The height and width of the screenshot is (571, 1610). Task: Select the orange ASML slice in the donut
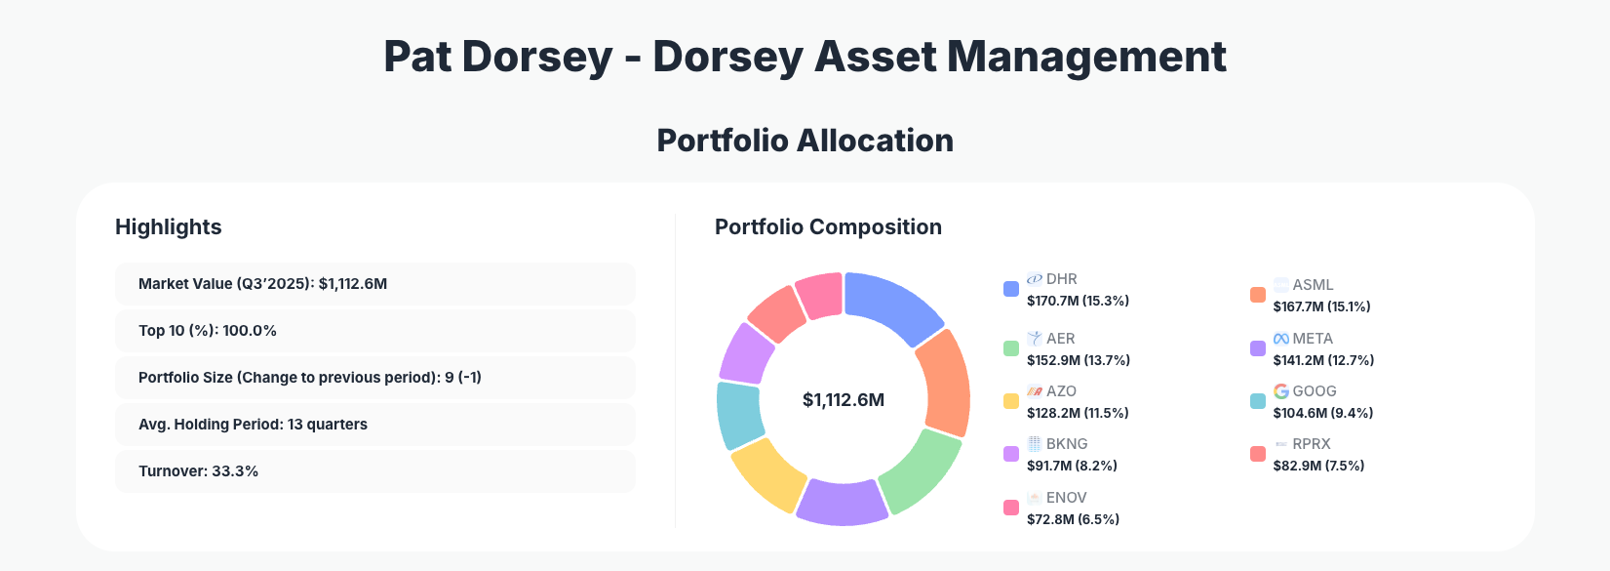point(944,383)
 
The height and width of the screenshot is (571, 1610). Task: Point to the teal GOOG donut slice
point(740,414)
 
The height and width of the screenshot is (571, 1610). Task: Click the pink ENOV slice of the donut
point(821,295)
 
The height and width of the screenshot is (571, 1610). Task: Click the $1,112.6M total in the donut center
point(844,400)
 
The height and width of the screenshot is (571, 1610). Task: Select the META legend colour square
point(1258,348)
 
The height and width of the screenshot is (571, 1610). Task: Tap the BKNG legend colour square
point(1011,454)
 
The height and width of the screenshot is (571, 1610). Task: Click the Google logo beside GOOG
point(1281,391)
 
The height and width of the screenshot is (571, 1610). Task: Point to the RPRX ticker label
point(1311,444)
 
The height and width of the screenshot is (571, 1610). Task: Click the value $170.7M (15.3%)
point(1078,301)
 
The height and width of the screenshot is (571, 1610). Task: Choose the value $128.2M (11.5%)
point(1078,413)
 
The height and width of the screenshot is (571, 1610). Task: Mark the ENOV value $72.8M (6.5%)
point(1073,519)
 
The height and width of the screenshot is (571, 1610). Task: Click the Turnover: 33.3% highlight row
point(374,471)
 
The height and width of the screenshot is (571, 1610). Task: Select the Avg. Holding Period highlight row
point(374,425)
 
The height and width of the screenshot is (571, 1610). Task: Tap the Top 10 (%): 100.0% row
point(374,331)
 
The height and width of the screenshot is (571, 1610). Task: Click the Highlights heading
point(169,227)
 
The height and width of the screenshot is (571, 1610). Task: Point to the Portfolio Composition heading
point(828,227)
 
